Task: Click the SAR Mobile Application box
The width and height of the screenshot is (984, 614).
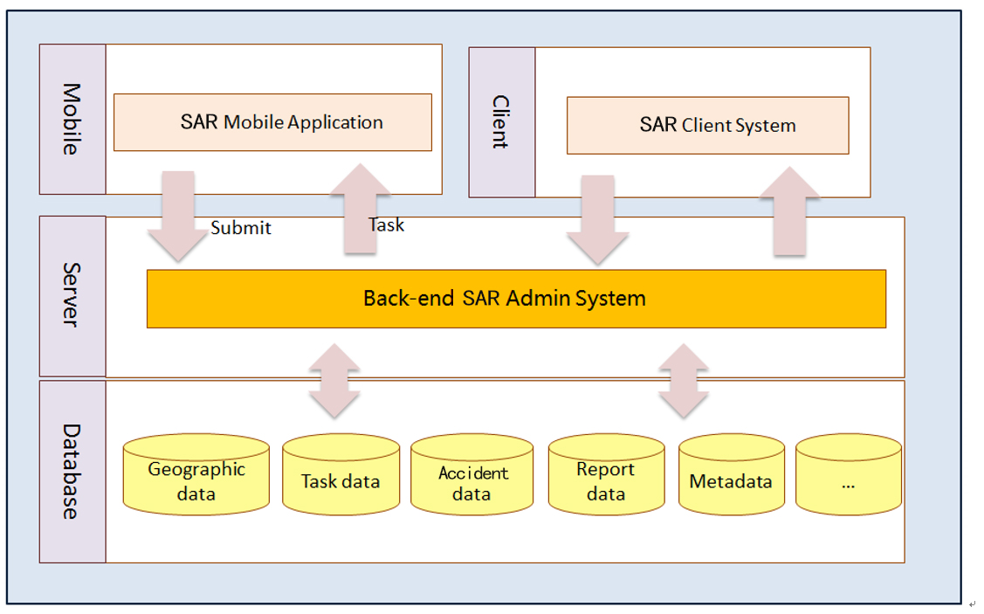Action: coord(272,122)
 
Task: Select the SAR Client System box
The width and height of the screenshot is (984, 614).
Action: coord(707,125)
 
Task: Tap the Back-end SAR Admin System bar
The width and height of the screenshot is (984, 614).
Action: coord(516,299)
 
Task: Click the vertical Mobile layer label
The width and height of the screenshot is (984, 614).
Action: coord(72,119)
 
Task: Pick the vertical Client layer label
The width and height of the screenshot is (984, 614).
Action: coord(501,122)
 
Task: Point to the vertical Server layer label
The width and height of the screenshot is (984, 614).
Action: coord(72,296)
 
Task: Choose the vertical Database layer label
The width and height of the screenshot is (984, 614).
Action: coord(72,472)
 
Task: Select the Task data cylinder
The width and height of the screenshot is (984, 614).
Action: coord(341,476)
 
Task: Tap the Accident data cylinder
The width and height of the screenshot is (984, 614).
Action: coord(471,476)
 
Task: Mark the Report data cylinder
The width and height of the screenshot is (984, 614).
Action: coord(606,476)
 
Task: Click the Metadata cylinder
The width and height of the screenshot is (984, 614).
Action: coord(731,476)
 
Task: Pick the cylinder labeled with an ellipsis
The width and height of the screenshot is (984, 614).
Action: coord(848,476)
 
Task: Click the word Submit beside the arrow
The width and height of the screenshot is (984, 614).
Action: coord(241,228)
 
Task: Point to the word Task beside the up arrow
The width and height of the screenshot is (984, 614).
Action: coord(386,224)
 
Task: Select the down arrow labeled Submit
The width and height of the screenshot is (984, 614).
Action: coord(179,214)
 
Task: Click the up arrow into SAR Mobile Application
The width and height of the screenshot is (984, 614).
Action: coord(360,210)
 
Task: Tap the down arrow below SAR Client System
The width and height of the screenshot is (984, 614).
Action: coord(597,218)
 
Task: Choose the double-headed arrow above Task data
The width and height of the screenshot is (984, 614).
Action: coord(334,380)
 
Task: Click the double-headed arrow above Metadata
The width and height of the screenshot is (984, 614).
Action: coord(683,380)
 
